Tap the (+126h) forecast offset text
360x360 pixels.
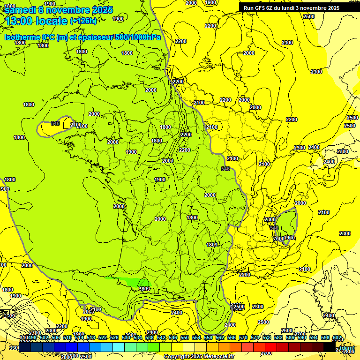(x=83, y=21)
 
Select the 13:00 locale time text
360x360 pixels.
(x=37, y=21)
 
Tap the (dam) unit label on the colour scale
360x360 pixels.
(x=347, y=348)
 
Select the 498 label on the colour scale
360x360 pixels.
(x=32, y=338)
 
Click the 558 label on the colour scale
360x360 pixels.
(x=208, y=338)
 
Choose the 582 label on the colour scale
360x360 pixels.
(x=278, y=338)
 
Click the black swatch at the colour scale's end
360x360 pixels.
(x=330, y=348)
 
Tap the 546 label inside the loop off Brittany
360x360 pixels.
(x=55, y=123)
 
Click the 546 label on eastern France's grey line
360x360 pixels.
(x=225, y=169)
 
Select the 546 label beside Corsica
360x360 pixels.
(x=274, y=228)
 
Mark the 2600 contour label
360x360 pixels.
(x=286, y=330)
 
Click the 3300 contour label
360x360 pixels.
(x=14, y=348)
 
